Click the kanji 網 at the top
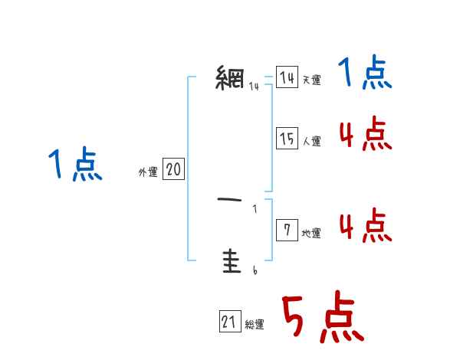230,78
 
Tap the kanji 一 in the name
230,201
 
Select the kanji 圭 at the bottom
230,262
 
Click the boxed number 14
287,77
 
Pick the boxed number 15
287,139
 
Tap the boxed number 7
287,231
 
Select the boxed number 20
173,169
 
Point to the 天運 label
311,80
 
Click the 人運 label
311,141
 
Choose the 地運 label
311,233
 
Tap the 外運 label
147,172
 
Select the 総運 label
255,325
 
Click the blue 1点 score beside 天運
364,74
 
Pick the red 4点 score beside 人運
364,135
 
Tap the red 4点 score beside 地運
364,227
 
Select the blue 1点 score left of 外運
75,165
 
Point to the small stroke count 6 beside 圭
255,270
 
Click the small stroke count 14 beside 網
254,86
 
